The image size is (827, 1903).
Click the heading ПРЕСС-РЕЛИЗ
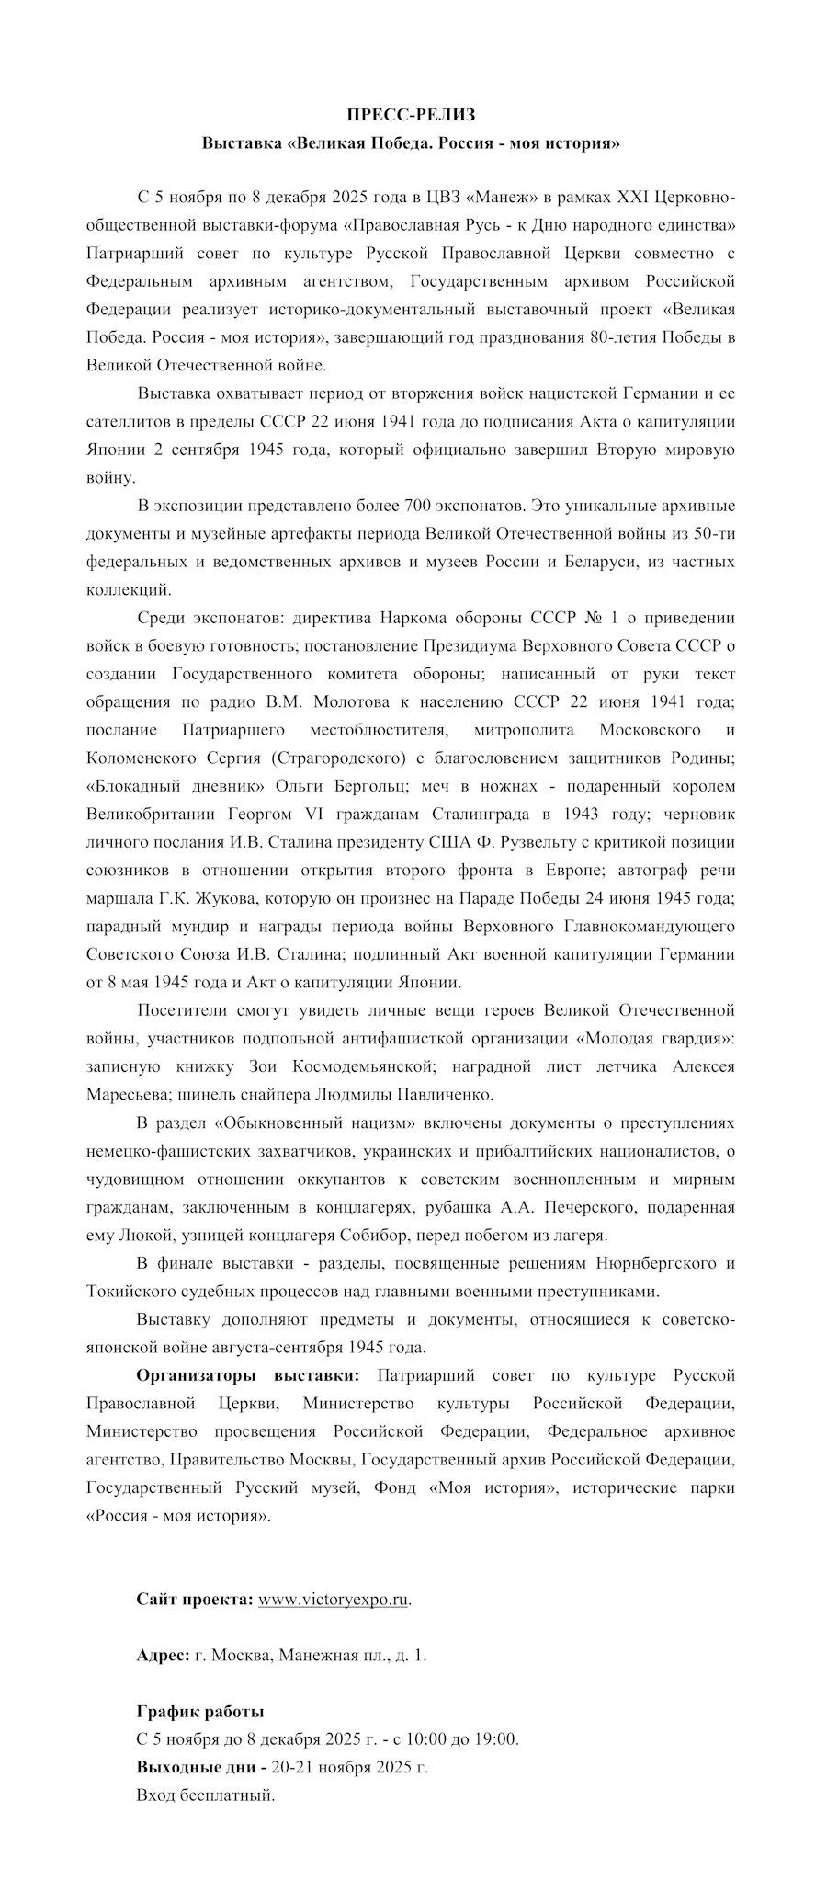412,115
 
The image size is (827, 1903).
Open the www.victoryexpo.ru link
334,1600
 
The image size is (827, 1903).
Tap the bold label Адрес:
164,1656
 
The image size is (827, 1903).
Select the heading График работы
200,1712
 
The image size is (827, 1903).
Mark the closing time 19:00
496,1739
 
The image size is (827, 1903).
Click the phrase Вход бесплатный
205,1795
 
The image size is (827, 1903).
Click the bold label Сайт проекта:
195,1600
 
